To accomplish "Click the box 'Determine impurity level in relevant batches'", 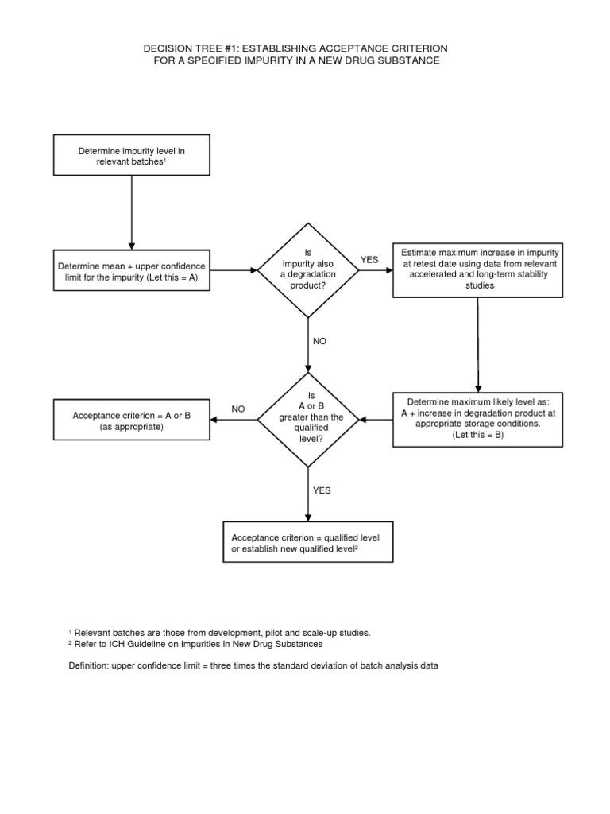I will coord(131,155).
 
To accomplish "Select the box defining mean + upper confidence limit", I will coord(131,270).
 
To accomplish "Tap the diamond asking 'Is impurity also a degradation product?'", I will coord(307,270).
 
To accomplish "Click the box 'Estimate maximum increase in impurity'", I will coord(478,269).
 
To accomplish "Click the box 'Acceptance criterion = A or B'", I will coord(131,421).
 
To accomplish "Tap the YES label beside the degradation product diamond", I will coord(370,259).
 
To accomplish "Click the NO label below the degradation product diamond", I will coord(319,340).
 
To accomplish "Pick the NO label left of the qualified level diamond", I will coord(238,409).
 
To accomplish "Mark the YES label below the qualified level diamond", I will coord(322,490).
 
